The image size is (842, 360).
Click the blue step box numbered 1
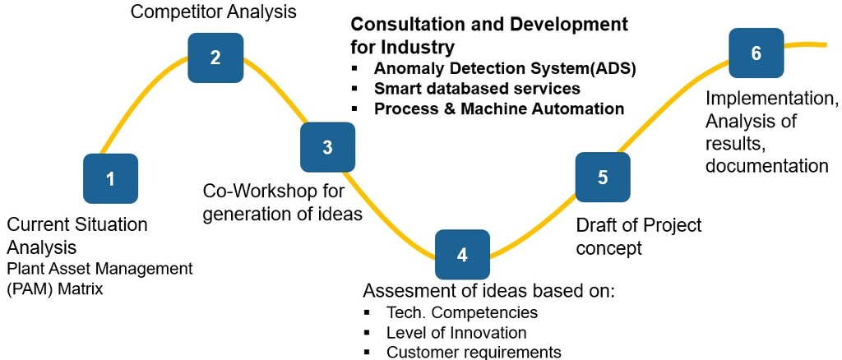click(x=111, y=178)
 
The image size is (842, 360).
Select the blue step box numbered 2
click(x=215, y=58)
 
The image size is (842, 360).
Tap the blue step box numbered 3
click(x=327, y=147)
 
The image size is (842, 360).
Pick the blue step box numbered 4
click(x=462, y=254)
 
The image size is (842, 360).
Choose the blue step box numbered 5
click(x=603, y=178)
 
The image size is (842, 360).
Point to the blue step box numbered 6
click(x=756, y=53)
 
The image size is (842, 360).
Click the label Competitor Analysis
click(x=214, y=12)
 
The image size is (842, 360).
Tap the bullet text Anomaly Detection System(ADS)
click(x=505, y=68)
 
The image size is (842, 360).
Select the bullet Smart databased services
click(x=477, y=88)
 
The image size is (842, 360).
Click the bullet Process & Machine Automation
click(x=499, y=108)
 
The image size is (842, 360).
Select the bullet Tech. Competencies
click(x=461, y=312)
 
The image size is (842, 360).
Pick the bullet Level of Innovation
click(x=456, y=333)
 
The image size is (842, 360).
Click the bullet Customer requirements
click(x=474, y=353)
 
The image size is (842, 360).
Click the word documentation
click(x=766, y=165)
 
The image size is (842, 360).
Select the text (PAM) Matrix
click(x=55, y=289)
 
